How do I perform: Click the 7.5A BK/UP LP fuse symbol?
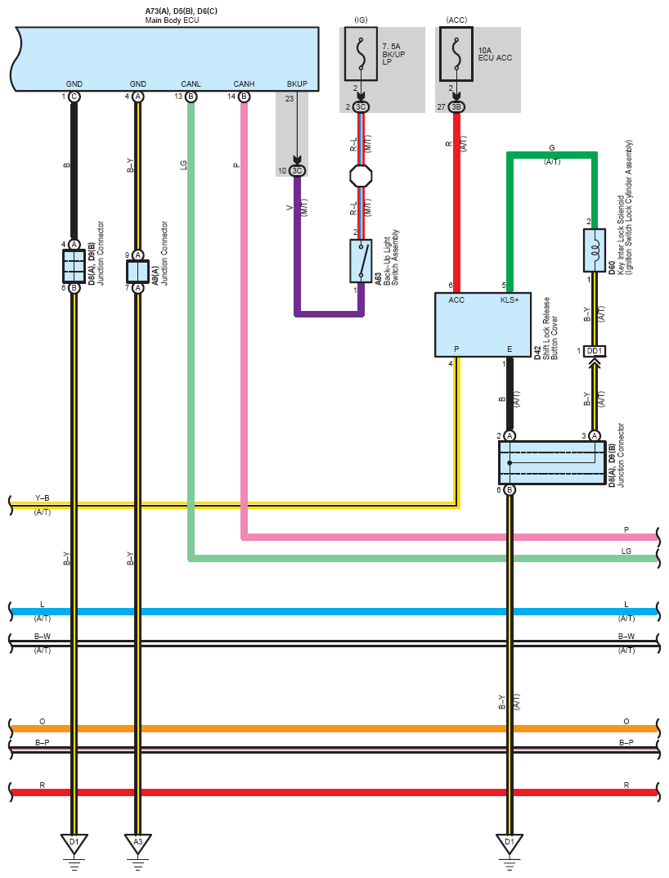361,54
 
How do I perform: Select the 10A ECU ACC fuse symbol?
456,54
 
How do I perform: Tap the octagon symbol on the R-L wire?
361,176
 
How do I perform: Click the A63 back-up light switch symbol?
361,261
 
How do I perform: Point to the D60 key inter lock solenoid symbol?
595,250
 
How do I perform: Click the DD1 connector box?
595,351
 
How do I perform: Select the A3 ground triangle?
137,844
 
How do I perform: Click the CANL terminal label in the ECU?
191,84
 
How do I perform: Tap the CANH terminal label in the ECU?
244,84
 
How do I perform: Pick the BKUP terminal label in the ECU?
297,84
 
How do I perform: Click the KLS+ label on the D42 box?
510,300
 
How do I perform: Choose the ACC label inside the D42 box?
456,300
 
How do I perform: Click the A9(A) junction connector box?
137,272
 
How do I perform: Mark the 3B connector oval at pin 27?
456,107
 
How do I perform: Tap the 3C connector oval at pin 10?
297,171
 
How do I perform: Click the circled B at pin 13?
191,97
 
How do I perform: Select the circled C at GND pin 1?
74,97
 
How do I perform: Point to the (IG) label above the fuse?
361,20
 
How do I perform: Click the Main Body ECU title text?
172,20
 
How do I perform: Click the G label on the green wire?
552,148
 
